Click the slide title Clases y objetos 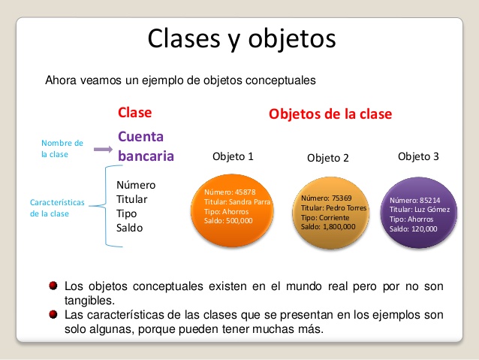(242, 39)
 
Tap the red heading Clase (134, 113)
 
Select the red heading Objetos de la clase (330, 114)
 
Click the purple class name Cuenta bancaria (146, 147)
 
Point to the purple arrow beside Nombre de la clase (104, 150)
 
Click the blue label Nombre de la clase (62, 149)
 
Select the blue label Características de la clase (57, 208)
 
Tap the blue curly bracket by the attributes (106, 206)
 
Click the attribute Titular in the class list (131, 199)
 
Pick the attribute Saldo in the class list (130, 228)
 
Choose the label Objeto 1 (233, 156)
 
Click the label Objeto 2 (328, 158)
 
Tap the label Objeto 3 (418, 156)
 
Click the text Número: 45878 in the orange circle (230, 192)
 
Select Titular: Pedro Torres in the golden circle (333, 208)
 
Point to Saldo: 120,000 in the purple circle (414, 228)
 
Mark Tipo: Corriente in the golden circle (325, 218)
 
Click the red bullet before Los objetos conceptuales (53, 286)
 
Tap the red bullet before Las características (53, 314)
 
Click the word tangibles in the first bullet (89, 301)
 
